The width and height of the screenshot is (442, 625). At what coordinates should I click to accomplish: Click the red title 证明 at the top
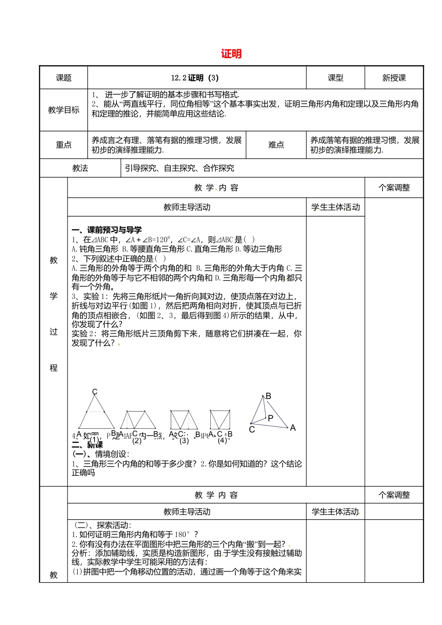coord(231,54)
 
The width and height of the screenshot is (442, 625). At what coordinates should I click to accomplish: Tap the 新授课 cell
coord(394,78)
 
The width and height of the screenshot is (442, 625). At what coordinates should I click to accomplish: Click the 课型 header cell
coord(335,78)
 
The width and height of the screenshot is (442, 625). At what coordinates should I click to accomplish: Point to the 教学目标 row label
coord(64,110)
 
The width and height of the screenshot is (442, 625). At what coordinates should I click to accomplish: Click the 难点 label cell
coord(276,145)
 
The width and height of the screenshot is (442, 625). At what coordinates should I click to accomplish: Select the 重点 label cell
coord(64,145)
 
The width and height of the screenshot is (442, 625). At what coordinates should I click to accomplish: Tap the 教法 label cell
coord(80,168)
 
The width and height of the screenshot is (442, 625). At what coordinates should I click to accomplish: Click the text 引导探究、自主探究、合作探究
coord(179,168)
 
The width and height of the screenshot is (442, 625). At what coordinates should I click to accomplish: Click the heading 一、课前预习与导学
coord(107,230)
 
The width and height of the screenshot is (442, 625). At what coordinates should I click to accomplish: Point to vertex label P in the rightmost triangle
coord(270,418)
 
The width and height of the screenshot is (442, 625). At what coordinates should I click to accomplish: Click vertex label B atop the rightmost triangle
coord(268,396)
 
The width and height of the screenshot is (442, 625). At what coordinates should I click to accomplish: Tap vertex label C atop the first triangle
coord(94,392)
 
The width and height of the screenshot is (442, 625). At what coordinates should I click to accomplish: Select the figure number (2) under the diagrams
coord(137,440)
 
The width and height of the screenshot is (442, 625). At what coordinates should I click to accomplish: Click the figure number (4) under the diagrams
coord(222,440)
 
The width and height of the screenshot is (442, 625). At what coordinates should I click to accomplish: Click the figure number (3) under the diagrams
coord(184,440)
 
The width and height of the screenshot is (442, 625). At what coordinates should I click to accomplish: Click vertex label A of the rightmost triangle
coord(293,427)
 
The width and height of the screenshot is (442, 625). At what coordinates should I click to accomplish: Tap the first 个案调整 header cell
coord(394,188)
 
